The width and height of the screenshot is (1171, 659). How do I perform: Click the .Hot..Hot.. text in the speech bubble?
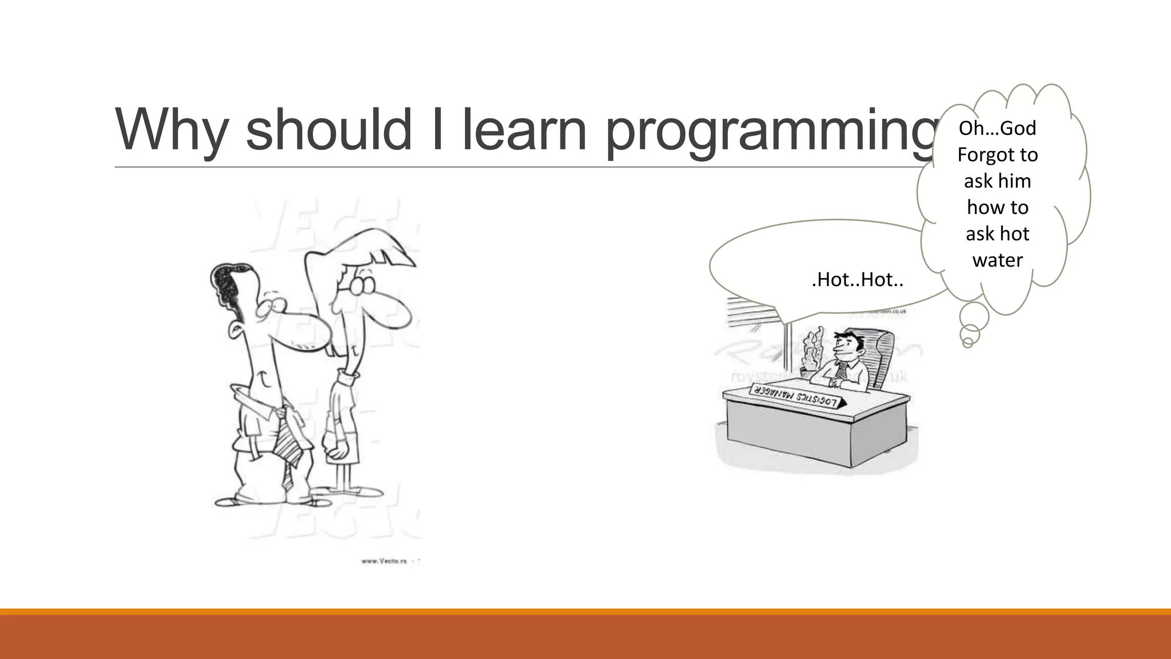[857, 280]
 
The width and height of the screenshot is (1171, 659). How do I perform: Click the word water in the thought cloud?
[997, 260]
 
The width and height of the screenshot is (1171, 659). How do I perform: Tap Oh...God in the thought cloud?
[997, 128]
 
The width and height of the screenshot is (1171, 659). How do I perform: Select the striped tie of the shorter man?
[289, 440]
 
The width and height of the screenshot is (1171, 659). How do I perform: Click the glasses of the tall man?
[362, 284]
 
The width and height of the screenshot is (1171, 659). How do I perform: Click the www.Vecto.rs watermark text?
[384, 561]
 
